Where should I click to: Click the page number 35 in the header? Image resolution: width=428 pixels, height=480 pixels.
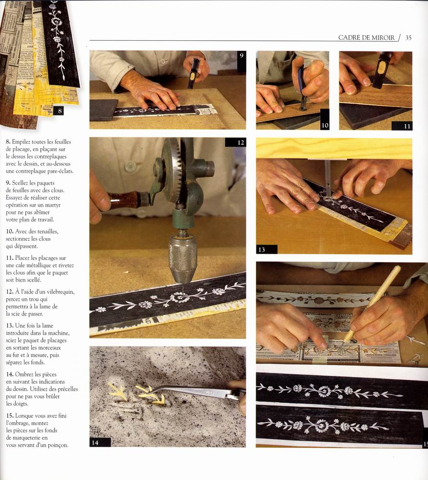pyautogui.click(x=408, y=38)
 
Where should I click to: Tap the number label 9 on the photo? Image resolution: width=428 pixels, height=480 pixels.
pyautogui.click(x=242, y=56)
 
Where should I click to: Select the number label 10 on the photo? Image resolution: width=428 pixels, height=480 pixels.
pyautogui.click(x=325, y=125)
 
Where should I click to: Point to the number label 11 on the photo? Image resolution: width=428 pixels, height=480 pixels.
pyautogui.click(x=407, y=126)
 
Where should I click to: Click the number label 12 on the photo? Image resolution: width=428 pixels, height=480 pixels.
pyautogui.click(x=241, y=142)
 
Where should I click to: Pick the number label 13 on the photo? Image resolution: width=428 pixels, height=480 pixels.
pyautogui.click(x=262, y=249)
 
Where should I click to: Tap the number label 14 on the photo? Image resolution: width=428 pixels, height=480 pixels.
pyautogui.click(x=95, y=443)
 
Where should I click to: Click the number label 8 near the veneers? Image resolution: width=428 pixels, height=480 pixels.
pyautogui.click(x=60, y=111)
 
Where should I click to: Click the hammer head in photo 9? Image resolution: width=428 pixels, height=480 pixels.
pyautogui.click(x=194, y=73)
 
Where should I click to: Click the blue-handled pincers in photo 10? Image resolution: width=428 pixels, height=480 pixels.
pyautogui.click(x=302, y=87)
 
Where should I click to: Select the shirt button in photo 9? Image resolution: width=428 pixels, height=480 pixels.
pyautogui.click(x=163, y=61)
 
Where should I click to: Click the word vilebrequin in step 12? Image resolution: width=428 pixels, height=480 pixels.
pyautogui.click(x=60, y=292)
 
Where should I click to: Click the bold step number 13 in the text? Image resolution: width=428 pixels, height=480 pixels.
pyautogui.click(x=10, y=326)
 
